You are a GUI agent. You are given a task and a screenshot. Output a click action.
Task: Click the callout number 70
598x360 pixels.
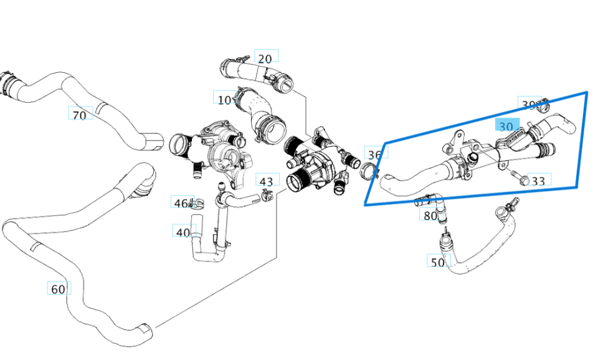80,115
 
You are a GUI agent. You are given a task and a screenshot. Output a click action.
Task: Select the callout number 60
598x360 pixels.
58,289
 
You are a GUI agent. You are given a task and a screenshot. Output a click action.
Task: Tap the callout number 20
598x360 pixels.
265,59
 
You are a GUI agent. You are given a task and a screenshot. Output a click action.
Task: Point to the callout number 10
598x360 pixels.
224,100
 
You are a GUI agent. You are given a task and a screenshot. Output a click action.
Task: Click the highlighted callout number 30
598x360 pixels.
506,126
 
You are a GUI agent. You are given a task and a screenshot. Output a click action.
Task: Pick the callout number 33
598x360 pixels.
538,181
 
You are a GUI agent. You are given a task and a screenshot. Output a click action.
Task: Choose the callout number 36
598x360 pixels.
374,154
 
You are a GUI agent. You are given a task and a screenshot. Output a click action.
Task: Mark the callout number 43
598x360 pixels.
267,182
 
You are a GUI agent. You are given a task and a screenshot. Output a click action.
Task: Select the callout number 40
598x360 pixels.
183,232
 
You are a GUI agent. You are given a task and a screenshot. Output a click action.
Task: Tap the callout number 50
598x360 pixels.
438,262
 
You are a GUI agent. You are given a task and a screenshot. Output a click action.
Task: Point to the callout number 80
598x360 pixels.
430,216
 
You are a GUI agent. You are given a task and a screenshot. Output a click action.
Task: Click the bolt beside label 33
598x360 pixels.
521,179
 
